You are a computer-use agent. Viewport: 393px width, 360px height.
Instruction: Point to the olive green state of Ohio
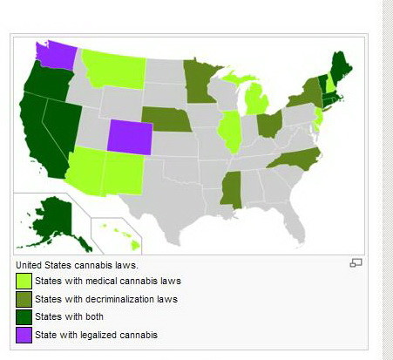[x=269, y=122]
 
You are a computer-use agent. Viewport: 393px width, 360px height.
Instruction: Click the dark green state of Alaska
[x=58, y=218]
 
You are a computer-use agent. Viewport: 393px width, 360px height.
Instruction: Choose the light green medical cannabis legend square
[x=24, y=282]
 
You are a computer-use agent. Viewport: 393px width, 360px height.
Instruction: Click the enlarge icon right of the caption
[x=355, y=262]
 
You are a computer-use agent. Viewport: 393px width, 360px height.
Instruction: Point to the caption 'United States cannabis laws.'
[x=77, y=264]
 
